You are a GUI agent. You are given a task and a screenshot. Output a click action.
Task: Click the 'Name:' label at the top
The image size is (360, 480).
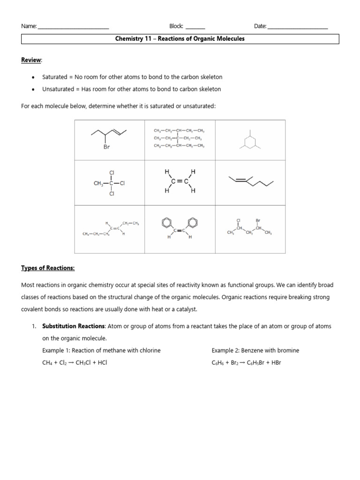pyautogui.click(x=29, y=27)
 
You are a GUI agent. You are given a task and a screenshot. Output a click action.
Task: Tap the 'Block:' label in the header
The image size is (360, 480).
pyautogui.click(x=176, y=27)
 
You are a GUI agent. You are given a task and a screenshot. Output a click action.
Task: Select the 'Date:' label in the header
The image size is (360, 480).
pyautogui.click(x=260, y=27)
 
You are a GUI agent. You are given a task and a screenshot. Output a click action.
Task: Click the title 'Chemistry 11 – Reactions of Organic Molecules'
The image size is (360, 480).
pyautogui.click(x=180, y=39)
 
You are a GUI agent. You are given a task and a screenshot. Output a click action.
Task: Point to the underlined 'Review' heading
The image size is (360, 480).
pyautogui.click(x=31, y=60)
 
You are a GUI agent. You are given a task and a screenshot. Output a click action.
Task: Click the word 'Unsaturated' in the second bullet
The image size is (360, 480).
pyautogui.click(x=58, y=89)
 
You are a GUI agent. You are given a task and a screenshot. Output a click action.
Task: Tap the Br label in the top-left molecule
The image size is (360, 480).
pyautogui.click(x=106, y=147)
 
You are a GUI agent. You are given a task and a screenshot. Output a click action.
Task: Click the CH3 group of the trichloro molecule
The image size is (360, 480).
pyautogui.click(x=99, y=183)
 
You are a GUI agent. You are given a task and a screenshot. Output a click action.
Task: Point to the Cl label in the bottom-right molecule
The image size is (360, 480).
pyautogui.click(x=238, y=220)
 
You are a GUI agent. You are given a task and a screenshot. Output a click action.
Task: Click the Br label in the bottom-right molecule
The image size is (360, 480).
pyautogui.click(x=258, y=220)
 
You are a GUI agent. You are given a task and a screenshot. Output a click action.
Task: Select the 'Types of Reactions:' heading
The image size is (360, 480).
pyautogui.click(x=48, y=268)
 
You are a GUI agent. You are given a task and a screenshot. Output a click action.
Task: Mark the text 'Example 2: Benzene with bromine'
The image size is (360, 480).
pyautogui.click(x=255, y=351)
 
